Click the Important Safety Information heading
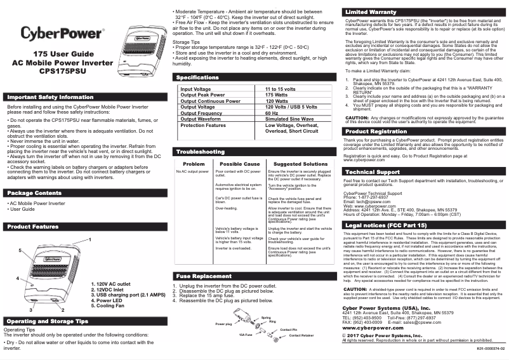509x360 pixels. [x=50, y=98]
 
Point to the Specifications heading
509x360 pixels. [x=202, y=77]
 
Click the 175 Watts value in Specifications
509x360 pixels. [x=277, y=95]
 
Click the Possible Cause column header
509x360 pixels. [x=239, y=164]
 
